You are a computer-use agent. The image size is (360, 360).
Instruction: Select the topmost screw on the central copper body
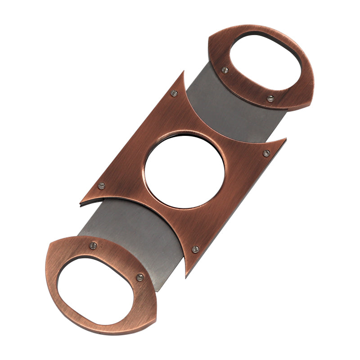(174, 93)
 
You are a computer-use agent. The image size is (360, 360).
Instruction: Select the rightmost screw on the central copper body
(266, 153)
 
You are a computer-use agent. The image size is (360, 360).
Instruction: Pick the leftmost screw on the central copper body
(101, 185)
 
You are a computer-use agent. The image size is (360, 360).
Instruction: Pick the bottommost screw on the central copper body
(195, 249)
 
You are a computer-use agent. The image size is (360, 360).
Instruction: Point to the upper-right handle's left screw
(225, 70)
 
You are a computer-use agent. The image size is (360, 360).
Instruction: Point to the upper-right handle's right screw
(270, 98)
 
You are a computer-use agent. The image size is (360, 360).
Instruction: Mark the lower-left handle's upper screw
(93, 245)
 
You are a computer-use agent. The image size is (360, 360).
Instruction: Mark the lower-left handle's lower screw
(140, 277)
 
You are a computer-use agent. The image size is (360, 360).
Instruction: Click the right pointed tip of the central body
(286, 139)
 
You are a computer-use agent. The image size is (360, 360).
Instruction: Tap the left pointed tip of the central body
(80, 204)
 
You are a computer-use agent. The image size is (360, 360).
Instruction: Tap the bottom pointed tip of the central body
(186, 276)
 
